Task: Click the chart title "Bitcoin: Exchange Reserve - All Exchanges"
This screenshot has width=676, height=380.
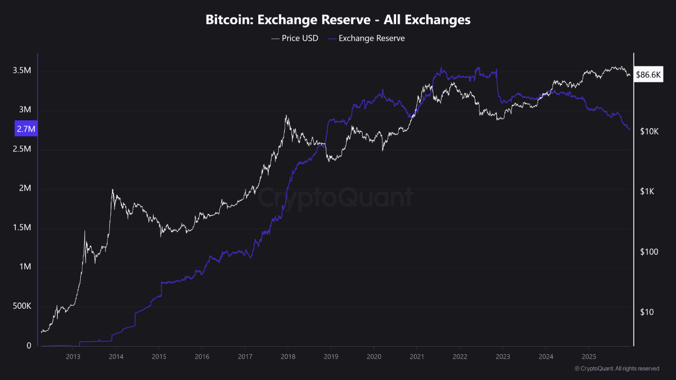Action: coord(338,20)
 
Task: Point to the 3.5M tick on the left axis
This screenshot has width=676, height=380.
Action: coord(22,71)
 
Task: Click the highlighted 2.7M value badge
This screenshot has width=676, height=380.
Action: coord(25,128)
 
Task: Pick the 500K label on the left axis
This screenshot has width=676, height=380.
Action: coord(22,306)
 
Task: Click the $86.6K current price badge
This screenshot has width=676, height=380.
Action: coord(648,75)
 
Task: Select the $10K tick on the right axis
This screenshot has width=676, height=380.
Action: coord(649,131)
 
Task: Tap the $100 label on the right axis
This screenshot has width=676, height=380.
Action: coord(649,252)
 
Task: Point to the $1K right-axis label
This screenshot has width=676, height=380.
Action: coord(646,192)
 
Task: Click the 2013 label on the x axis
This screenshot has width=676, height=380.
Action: coord(73,357)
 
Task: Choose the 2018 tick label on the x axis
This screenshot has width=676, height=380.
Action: coord(287,357)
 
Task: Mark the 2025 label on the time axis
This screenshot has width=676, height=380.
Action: coord(589,357)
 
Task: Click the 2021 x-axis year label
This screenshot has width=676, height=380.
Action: coord(417,357)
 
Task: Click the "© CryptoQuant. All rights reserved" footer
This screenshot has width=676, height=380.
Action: coord(616,368)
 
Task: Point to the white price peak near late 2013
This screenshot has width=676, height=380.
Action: coord(112,190)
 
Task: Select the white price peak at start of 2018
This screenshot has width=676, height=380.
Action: coord(286,116)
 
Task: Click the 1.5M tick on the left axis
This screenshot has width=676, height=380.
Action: coord(22,228)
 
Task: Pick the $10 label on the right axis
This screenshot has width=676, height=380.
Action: coord(646,312)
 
